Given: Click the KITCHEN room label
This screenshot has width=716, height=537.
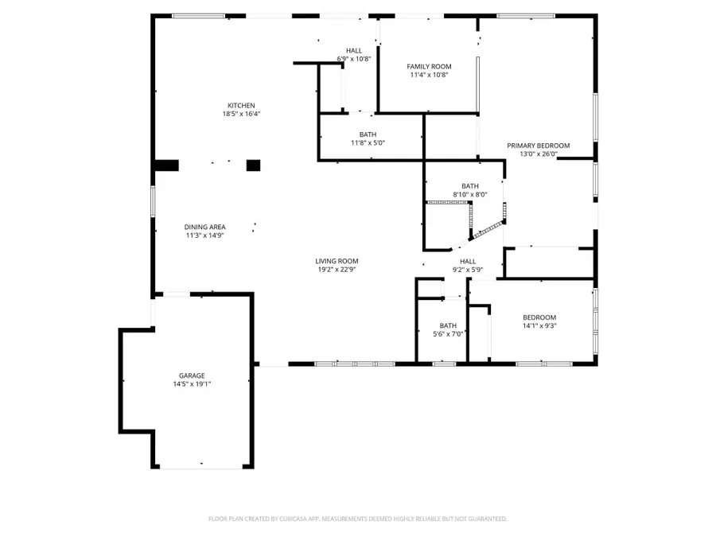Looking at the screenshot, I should (241, 106).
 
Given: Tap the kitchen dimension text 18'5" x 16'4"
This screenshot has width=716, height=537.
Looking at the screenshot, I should (241, 115).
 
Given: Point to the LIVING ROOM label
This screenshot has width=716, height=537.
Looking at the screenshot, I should (337, 260).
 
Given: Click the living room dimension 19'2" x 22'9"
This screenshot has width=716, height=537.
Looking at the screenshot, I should (337, 269).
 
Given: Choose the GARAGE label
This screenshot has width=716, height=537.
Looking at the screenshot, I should (192, 375).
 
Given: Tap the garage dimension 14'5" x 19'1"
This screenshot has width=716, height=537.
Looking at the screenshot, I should (192, 383).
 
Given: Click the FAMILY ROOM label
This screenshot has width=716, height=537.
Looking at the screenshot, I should (429, 66).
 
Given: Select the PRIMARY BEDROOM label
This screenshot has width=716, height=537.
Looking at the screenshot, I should (539, 145).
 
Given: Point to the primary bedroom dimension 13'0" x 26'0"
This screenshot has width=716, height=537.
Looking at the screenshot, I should (539, 154).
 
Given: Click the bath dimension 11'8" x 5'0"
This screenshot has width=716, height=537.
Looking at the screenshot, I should (368, 143).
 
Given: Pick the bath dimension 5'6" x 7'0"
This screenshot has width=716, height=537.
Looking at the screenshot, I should (448, 334).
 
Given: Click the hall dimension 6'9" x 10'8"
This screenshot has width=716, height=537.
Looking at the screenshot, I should (354, 59).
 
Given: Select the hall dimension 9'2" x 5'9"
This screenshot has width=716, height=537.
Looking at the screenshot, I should (467, 270).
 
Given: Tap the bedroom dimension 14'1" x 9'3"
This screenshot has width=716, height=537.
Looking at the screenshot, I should (539, 325).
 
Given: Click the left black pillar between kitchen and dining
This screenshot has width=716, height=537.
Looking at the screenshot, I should (166, 165).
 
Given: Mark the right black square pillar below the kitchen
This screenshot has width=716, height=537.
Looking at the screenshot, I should (253, 165).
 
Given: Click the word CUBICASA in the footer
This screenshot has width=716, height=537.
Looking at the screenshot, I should (293, 519).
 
